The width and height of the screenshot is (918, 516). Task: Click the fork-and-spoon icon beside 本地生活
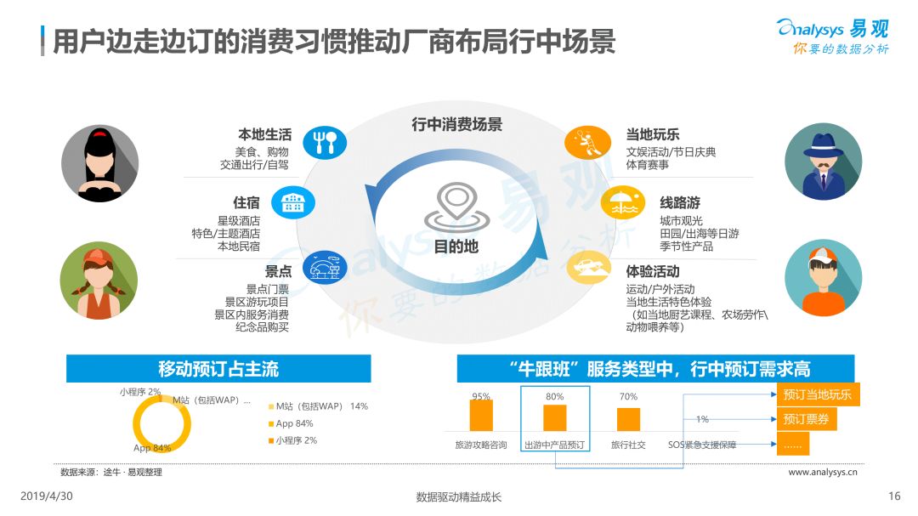click(x=325, y=142)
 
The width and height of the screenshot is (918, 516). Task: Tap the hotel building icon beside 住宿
click(x=293, y=202)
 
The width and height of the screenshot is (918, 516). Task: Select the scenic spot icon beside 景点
click(x=325, y=269)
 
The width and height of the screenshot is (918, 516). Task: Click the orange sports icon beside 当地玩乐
click(x=587, y=142)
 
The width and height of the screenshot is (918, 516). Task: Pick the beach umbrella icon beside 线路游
click(x=623, y=202)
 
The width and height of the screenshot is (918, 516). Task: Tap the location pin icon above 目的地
click(x=456, y=207)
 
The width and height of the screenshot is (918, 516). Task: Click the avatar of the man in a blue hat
click(x=823, y=162)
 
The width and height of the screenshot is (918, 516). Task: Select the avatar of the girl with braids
click(x=99, y=281)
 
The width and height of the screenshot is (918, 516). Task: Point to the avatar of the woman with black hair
click(x=100, y=163)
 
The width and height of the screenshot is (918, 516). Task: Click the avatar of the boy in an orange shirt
click(x=823, y=278)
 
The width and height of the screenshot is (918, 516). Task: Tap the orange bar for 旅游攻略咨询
click(x=481, y=415)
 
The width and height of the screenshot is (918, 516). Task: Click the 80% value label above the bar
click(x=554, y=396)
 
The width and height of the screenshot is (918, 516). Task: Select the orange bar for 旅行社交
click(x=628, y=419)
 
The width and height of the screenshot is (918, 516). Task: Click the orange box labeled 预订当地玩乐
click(x=818, y=394)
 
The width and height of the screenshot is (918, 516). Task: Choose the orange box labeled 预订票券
click(x=807, y=419)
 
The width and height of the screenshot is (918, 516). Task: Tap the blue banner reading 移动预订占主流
click(x=218, y=368)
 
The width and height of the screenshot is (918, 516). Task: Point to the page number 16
click(x=894, y=496)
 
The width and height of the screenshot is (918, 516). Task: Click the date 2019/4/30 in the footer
click(x=47, y=496)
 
